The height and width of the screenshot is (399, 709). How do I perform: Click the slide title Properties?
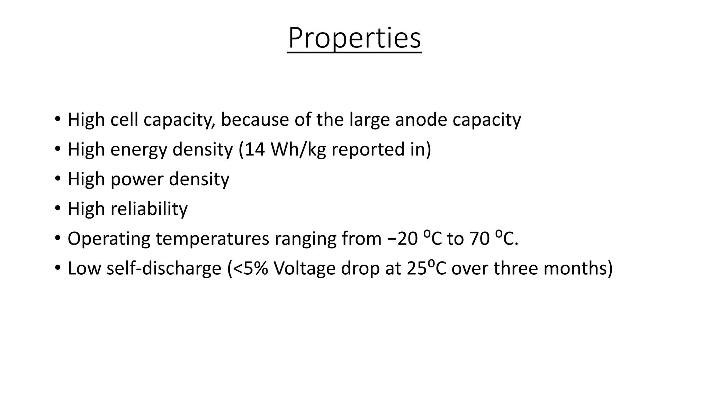354,38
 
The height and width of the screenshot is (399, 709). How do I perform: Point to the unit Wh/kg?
298,150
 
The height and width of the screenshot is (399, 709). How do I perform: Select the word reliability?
149,209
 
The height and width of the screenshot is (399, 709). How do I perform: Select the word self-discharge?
164,269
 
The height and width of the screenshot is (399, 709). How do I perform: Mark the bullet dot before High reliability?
57,209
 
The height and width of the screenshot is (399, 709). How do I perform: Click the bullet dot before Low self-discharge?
57,268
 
